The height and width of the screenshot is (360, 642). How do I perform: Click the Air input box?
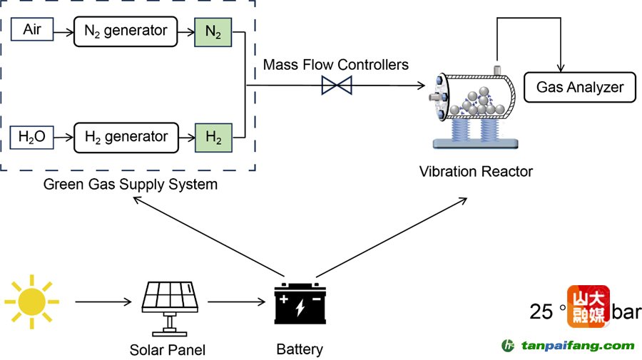33,30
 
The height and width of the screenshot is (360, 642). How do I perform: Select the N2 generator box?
126,31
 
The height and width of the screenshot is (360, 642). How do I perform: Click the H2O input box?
33,136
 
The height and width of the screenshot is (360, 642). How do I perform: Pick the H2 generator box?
126,136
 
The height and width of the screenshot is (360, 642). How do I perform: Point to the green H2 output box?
213,136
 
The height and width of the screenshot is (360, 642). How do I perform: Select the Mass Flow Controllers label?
335,65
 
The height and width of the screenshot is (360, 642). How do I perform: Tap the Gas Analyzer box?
579,87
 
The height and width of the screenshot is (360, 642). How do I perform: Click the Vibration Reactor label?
476,172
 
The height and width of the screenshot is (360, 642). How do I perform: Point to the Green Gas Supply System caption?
131,185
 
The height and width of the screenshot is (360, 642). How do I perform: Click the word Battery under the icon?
300,349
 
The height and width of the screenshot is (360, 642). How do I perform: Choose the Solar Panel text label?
168,350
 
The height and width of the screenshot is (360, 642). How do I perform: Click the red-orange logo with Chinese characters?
588,307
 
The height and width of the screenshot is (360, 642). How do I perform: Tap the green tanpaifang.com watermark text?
577,346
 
